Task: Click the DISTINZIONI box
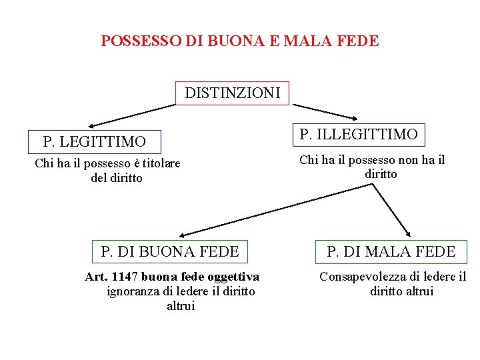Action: tap(233, 93)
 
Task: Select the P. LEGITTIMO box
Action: tap(94, 142)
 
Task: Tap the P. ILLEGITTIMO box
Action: tap(359, 135)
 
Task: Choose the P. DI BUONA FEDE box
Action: tap(169, 251)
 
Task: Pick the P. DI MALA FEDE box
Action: tap(391, 251)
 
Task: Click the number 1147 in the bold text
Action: tap(124, 277)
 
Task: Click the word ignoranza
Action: tap(132, 291)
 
